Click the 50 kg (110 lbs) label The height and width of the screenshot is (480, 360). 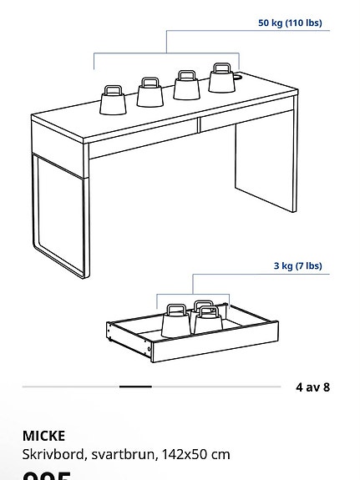[289, 23]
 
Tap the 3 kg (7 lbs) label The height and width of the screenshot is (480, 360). [297, 266]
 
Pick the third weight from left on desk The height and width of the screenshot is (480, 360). [186, 85]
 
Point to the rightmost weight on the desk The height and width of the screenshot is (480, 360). [221, 79]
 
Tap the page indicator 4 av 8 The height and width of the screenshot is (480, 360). [312, 387]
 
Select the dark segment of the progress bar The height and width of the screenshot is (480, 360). [135, 387]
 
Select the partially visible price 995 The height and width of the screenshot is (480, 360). [50, 476]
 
